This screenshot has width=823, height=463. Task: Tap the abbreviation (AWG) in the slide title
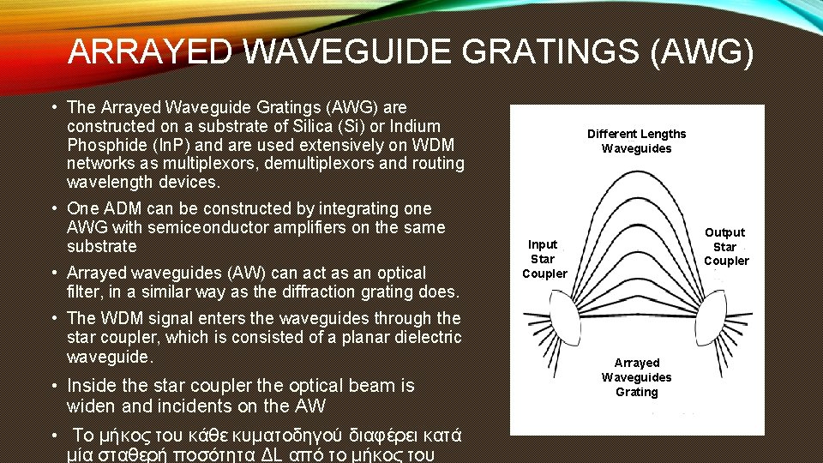tap(702, 53)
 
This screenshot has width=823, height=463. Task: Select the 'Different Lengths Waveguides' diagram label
tap(636, 141)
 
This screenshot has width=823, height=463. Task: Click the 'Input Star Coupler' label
tap(544, 259)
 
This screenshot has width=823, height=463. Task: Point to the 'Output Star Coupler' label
tap(725, 247)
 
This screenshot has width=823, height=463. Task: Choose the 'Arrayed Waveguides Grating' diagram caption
tap(637, 377)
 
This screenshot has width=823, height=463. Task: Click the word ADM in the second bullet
tap(123, 208)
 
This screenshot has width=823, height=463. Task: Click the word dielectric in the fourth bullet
tap(428, 337)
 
